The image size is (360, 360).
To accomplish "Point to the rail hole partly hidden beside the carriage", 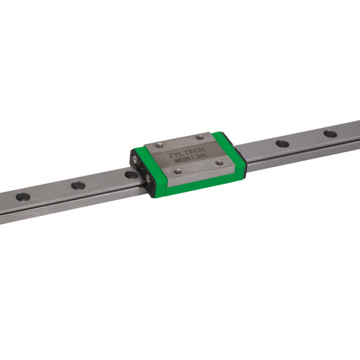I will [130, 174].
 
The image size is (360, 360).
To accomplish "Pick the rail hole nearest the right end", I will [329, 133].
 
